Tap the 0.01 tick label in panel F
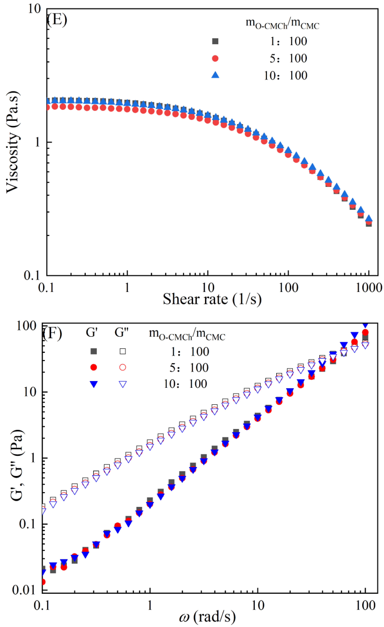tap(23, 590)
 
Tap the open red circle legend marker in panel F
tap(123, 367)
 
